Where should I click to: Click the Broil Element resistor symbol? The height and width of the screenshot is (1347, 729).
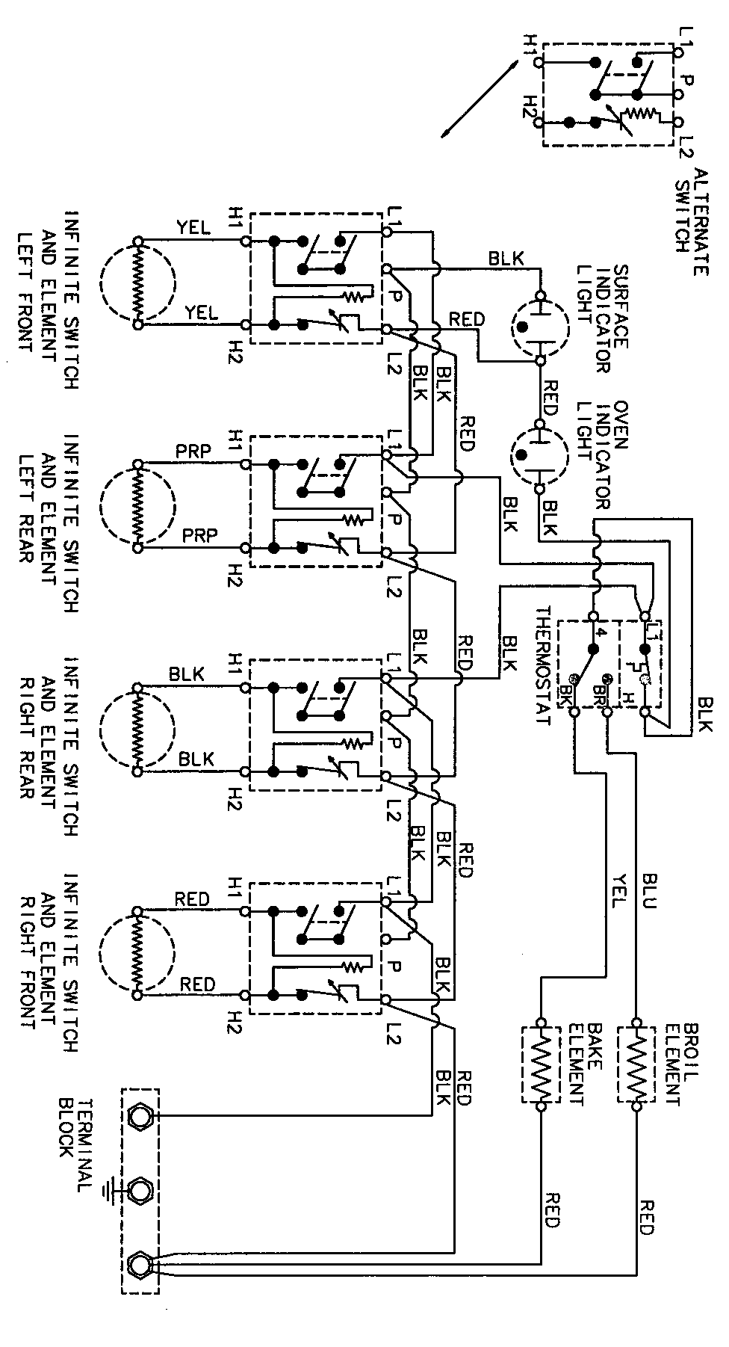point(636,1064)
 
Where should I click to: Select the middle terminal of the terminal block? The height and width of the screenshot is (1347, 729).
point(139,1189)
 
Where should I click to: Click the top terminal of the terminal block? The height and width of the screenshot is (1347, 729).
point(139,1116)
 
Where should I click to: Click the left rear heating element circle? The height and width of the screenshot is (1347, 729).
point(137,506)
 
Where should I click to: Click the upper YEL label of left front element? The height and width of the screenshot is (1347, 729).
point(193,227)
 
